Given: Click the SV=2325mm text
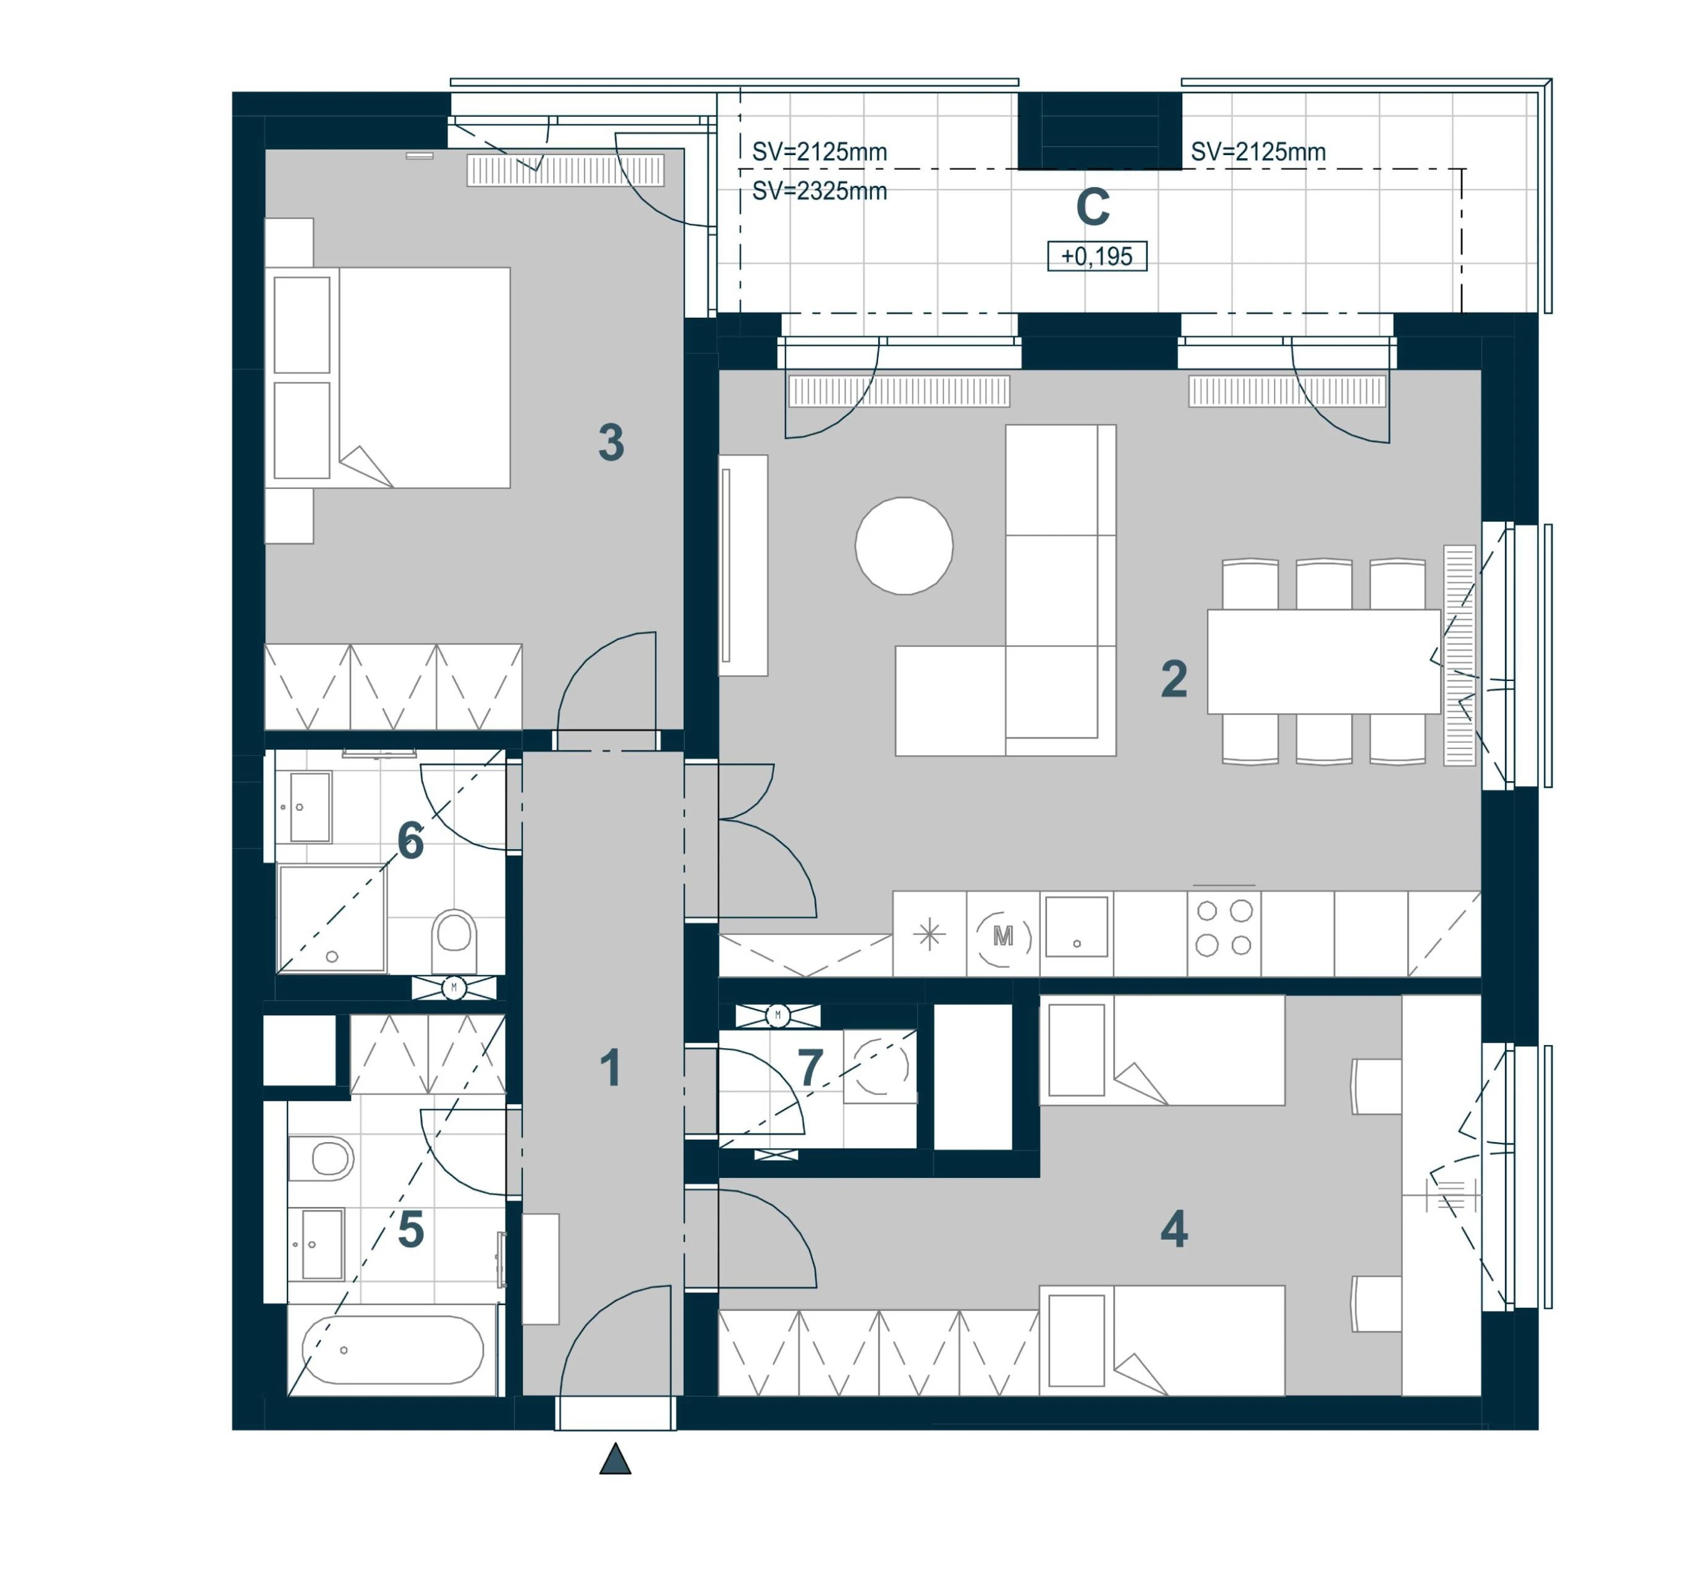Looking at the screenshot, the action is pos(820,192).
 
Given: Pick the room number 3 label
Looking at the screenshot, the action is pos(611,442).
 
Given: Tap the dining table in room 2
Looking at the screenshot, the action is pos(1323,662).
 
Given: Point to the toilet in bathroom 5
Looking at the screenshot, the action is pos(321,1158).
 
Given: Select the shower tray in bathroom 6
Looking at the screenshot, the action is pos(332,918).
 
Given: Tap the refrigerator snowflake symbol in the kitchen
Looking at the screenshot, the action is pos(930,935).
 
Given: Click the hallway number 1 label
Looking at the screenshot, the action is pos(610,1067).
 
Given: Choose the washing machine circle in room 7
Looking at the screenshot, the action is pos(881,1065).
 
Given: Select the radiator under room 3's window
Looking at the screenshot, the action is pos(566,171).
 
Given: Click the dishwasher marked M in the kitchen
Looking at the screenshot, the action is pos(1003,936).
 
